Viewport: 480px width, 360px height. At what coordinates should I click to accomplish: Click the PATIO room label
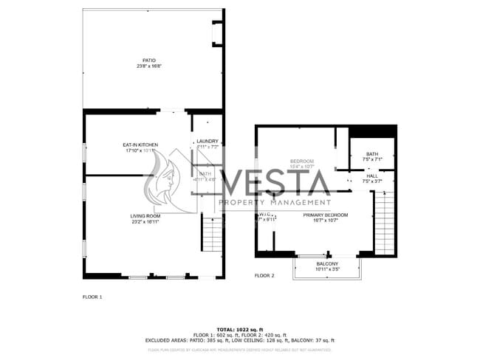[x=149, y=60]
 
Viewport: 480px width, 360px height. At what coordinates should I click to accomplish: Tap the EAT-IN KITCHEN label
[x=140, y=144]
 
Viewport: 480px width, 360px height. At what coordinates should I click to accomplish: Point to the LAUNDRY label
[x=207, y=141]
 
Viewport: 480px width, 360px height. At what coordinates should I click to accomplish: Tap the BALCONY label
[x=327, y=263]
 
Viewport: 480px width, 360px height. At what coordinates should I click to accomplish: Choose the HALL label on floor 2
[x=371, y=176]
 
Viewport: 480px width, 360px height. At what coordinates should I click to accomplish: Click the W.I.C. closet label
[x=266, y=215]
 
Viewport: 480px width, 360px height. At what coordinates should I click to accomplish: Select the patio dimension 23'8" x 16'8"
[x=149, y=66]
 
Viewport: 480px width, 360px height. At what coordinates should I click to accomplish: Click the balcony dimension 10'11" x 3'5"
[x=327, y=269]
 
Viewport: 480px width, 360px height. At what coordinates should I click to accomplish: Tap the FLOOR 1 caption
[x=92, y=297]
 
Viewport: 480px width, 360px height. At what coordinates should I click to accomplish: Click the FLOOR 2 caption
[x=264, y=275]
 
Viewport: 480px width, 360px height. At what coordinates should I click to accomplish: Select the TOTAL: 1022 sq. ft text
[x=239, y=329]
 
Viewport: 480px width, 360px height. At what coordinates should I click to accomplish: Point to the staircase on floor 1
[x=212, y=234]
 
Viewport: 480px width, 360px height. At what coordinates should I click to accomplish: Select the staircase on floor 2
[x=384, y=221]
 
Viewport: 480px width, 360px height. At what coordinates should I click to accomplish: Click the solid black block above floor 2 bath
[x=372, y=131]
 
